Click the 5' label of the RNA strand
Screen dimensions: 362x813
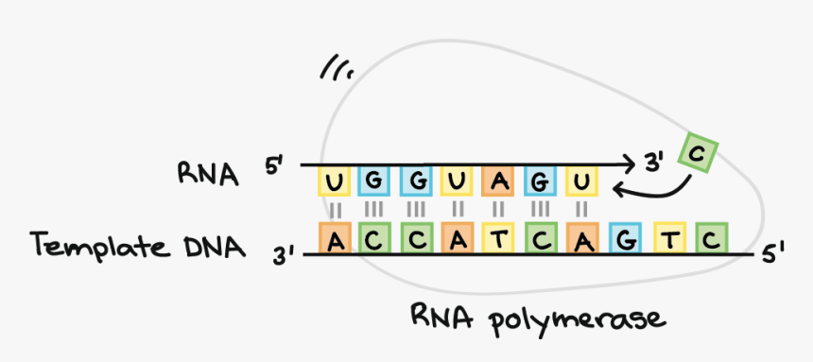click(x=275, y=166)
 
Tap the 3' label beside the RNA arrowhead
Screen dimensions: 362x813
click(x=656, y=163)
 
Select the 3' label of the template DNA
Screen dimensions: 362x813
click(x=285, y=254)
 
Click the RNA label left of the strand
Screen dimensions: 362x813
click(x=207, y=173)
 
